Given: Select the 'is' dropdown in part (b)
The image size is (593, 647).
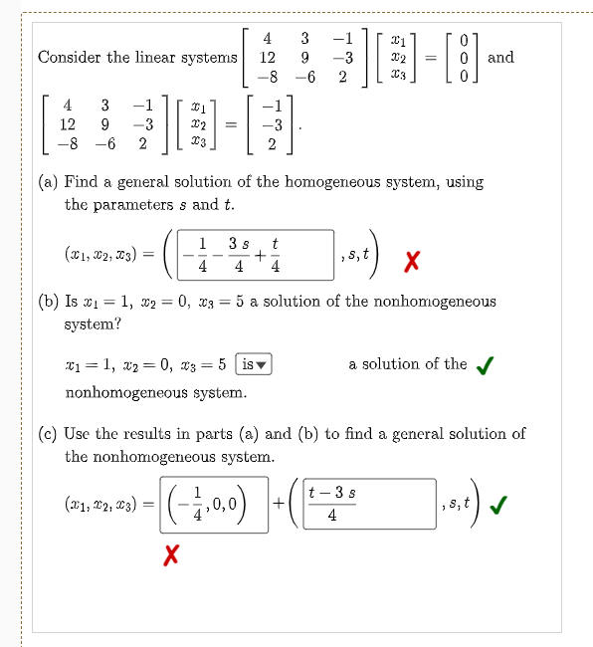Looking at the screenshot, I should click(253, 364).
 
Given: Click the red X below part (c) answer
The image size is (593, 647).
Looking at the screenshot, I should click(171, 553).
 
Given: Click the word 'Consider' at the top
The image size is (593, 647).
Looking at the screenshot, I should click(70, 57).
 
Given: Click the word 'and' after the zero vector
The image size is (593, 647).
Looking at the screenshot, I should click(501, 57).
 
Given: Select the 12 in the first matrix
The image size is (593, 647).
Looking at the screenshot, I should click(267, 58).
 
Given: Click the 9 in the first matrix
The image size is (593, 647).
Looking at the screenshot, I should click(304, 58).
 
